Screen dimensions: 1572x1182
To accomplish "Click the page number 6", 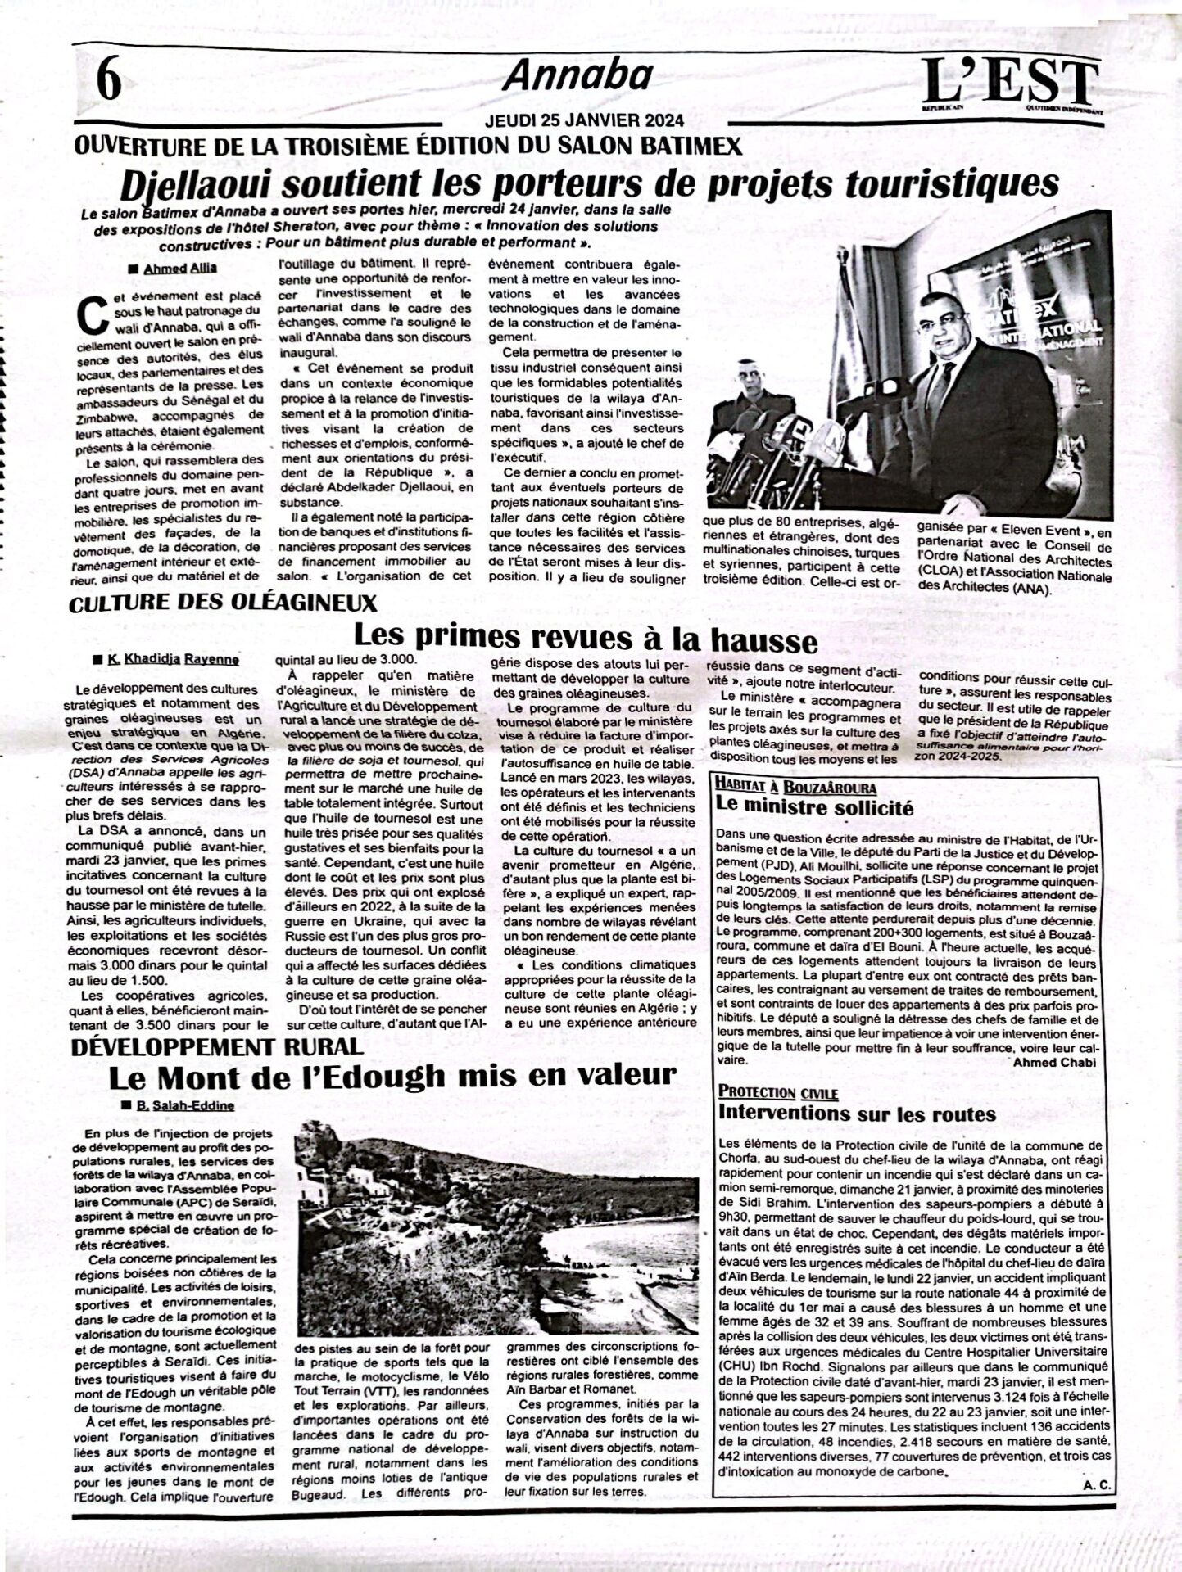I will [x=108, y=82].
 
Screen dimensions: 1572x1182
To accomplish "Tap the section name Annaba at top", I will [x=577, y=77].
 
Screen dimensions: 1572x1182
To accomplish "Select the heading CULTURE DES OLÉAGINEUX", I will [x=223, y=603].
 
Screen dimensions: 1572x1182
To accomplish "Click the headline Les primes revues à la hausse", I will [x=585, y=638].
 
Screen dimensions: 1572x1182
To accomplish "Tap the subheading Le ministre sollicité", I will [x=814, y=806].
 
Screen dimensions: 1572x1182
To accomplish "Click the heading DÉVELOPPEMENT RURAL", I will [x=216, y=1046].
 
